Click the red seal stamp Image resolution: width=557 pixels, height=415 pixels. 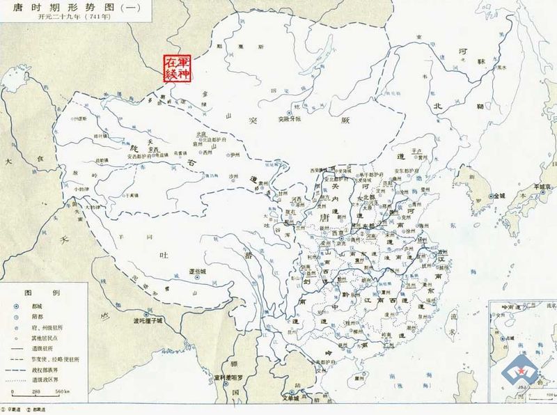point(176,68)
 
